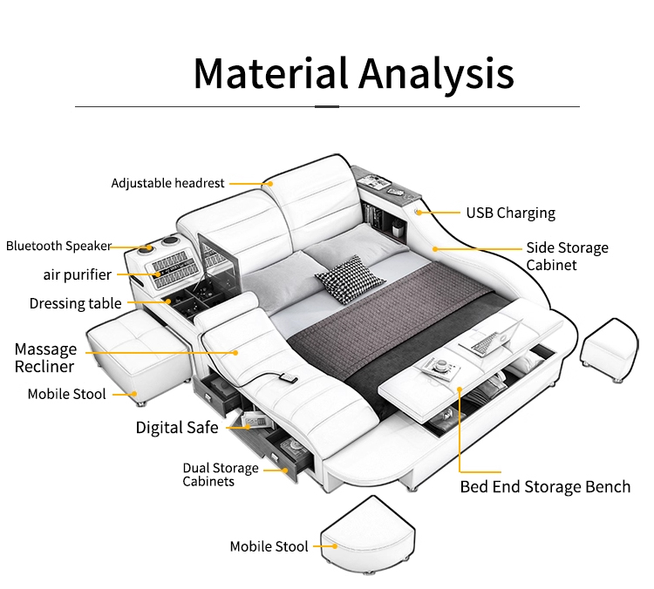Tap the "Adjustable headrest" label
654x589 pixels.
coord(167,183)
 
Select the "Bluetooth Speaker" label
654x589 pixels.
coord(58,246)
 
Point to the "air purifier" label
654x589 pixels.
coord(78,274)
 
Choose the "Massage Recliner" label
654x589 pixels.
coord(45,357)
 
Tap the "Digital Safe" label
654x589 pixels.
coord(176,427)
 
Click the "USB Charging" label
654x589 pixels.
coord(510,213)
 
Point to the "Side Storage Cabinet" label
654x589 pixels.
coord(567,255)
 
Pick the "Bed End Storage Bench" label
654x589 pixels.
coord(545,486)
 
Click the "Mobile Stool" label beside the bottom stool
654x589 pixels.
coord(269,546)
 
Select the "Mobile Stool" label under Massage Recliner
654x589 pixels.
coord(66,394)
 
